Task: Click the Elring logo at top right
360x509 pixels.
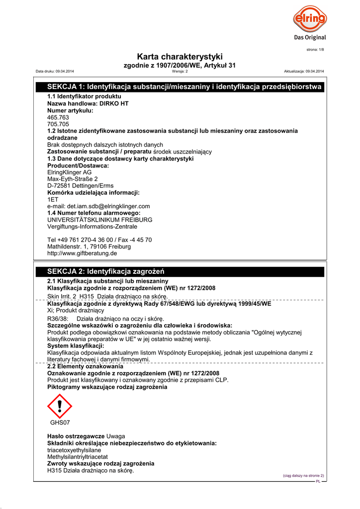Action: point(309,22)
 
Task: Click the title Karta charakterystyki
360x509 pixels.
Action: point(180,57)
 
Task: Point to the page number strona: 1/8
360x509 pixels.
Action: point(315,50)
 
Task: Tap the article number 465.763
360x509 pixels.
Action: point(58,117)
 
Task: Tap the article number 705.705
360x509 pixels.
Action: point(58,124)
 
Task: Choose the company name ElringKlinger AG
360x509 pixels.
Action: point(69,172)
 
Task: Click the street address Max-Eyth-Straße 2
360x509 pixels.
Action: point(73,179)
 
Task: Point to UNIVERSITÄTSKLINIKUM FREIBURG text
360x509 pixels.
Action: point(99,220)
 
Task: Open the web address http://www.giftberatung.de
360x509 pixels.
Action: point(82,254)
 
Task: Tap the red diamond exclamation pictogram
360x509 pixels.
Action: point(60,407)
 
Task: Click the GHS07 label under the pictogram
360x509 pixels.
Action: point(60,423)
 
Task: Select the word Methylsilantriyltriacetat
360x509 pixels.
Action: point(78,457)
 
